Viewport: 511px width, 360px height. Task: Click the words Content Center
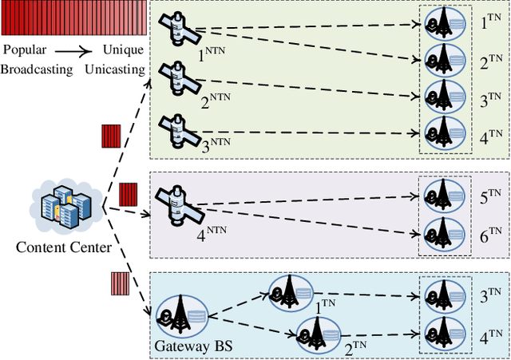[x=64, y=247]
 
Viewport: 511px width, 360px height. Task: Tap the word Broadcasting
[x=37, y=69]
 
